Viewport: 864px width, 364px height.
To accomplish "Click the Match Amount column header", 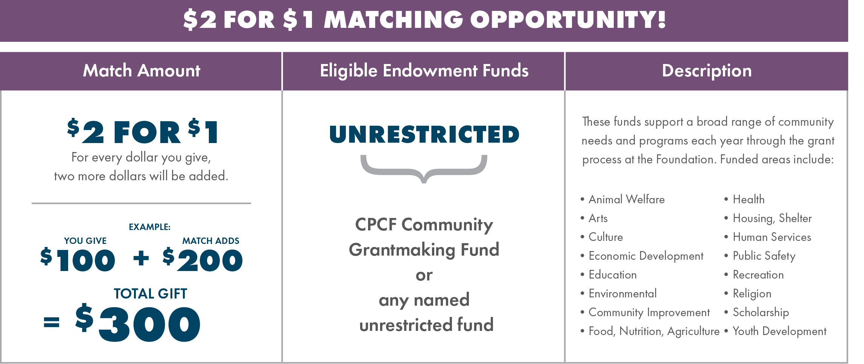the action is pyautogui.click(x=141, y=71).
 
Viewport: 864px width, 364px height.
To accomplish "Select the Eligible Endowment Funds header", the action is pyautogui.click(x=424, y=71).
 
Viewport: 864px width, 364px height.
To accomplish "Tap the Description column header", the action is pyautogui.click(x=707, y=71).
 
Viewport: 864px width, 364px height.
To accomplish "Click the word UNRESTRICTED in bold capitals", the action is pyautogui.click(x=424, y=134).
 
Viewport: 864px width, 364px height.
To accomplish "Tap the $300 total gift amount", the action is pyautogui.click(x=137, y=323).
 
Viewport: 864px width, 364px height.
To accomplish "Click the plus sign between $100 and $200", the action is pyautogui.click(x=141, y=258).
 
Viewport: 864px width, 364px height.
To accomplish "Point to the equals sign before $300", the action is pyautogui.click(x=52, y=322).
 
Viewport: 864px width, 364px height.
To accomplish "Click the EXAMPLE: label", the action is pyautogui.click(x=149, y=227).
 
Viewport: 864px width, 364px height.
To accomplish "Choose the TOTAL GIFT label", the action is pyautogui.click(x=150, y=294).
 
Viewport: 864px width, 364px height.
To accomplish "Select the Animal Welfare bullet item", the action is pyautogui.click(x=622, y=199).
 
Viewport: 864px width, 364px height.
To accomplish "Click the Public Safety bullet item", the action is pyautogui.click(x=760, y=256).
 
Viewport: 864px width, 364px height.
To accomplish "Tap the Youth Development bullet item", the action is pyautogui.click(x=775, y=331).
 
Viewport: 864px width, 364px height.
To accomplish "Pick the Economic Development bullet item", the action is pyautogui.click(x=642, y=256).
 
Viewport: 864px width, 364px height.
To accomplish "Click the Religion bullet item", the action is pyautogui.click(x=748, y=294).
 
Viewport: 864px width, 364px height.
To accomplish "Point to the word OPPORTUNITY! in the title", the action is pyautogui.click(x=568, y=20).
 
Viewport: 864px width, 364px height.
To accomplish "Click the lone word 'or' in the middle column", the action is pyautogui.click(x=424, y=276).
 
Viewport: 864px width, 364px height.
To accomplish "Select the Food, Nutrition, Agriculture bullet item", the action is pyautogui.click(x=650, y=331).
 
